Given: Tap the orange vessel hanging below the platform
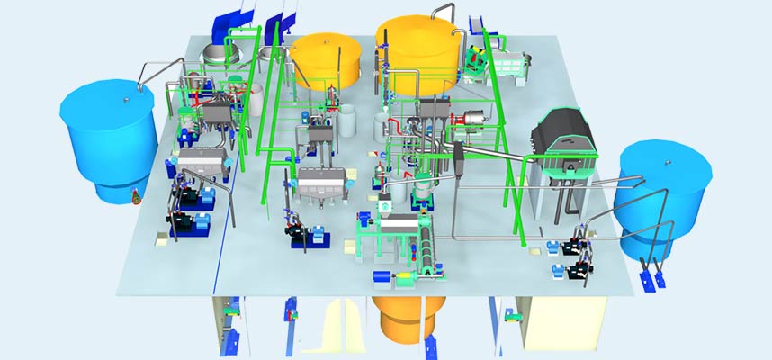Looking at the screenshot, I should pyautogui.click(x=410, y=315).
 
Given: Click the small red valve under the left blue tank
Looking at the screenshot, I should pyautogui.click(x=134, y=192).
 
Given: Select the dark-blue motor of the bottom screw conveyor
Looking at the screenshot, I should pyautogui.click(x=381, y=275).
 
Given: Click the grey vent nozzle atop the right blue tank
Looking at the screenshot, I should pyautogui.click(x=668, y=161).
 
